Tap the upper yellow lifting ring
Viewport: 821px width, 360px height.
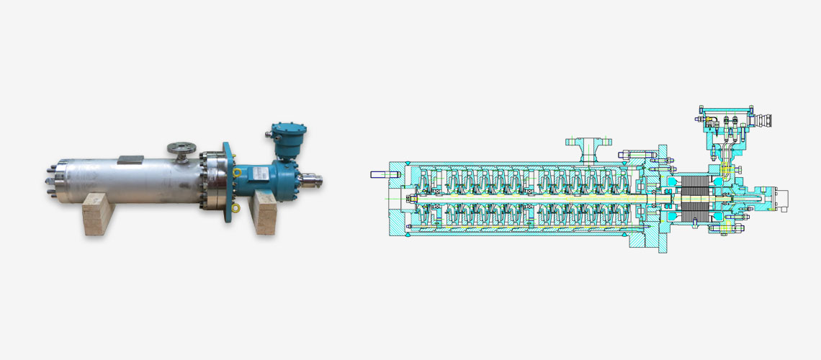pyautogui.click(x=236, y=172)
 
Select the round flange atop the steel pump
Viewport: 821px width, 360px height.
pyautogui.click(x=180, y=148)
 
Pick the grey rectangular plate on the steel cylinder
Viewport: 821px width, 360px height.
pyautogui.click(x=130, y=159)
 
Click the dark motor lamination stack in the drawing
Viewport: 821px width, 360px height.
pyautogui.click(x=696, y=199)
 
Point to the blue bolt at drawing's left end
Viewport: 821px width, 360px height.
pyautogui.click(x=380, y=174)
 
